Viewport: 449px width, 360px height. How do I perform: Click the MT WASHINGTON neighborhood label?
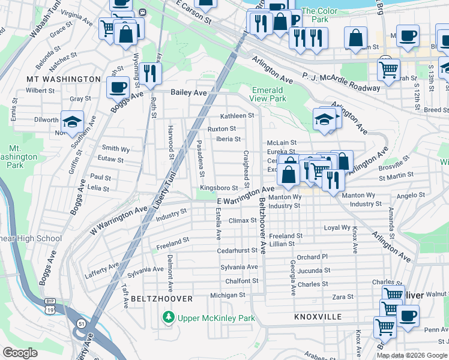[x=63, y=79]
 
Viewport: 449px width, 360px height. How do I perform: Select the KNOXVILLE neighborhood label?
[x=318, y=316]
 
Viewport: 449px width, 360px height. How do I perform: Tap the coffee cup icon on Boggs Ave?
[x=118, y=88]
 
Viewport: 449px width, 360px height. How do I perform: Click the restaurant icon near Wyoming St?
[x=150, y=73]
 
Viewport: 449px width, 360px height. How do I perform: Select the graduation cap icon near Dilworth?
[x=72, y=122]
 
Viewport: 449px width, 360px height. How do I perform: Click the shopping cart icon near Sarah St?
[x=388, y=69]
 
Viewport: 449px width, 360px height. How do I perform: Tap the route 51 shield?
[x=80, y=323]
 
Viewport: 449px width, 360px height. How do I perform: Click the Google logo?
[x=20, y=353]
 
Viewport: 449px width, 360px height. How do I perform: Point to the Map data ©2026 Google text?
[x=412, y=355]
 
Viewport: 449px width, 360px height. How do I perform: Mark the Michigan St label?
[x=228, y=295]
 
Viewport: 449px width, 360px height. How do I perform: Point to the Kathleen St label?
[x=237, y=115]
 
